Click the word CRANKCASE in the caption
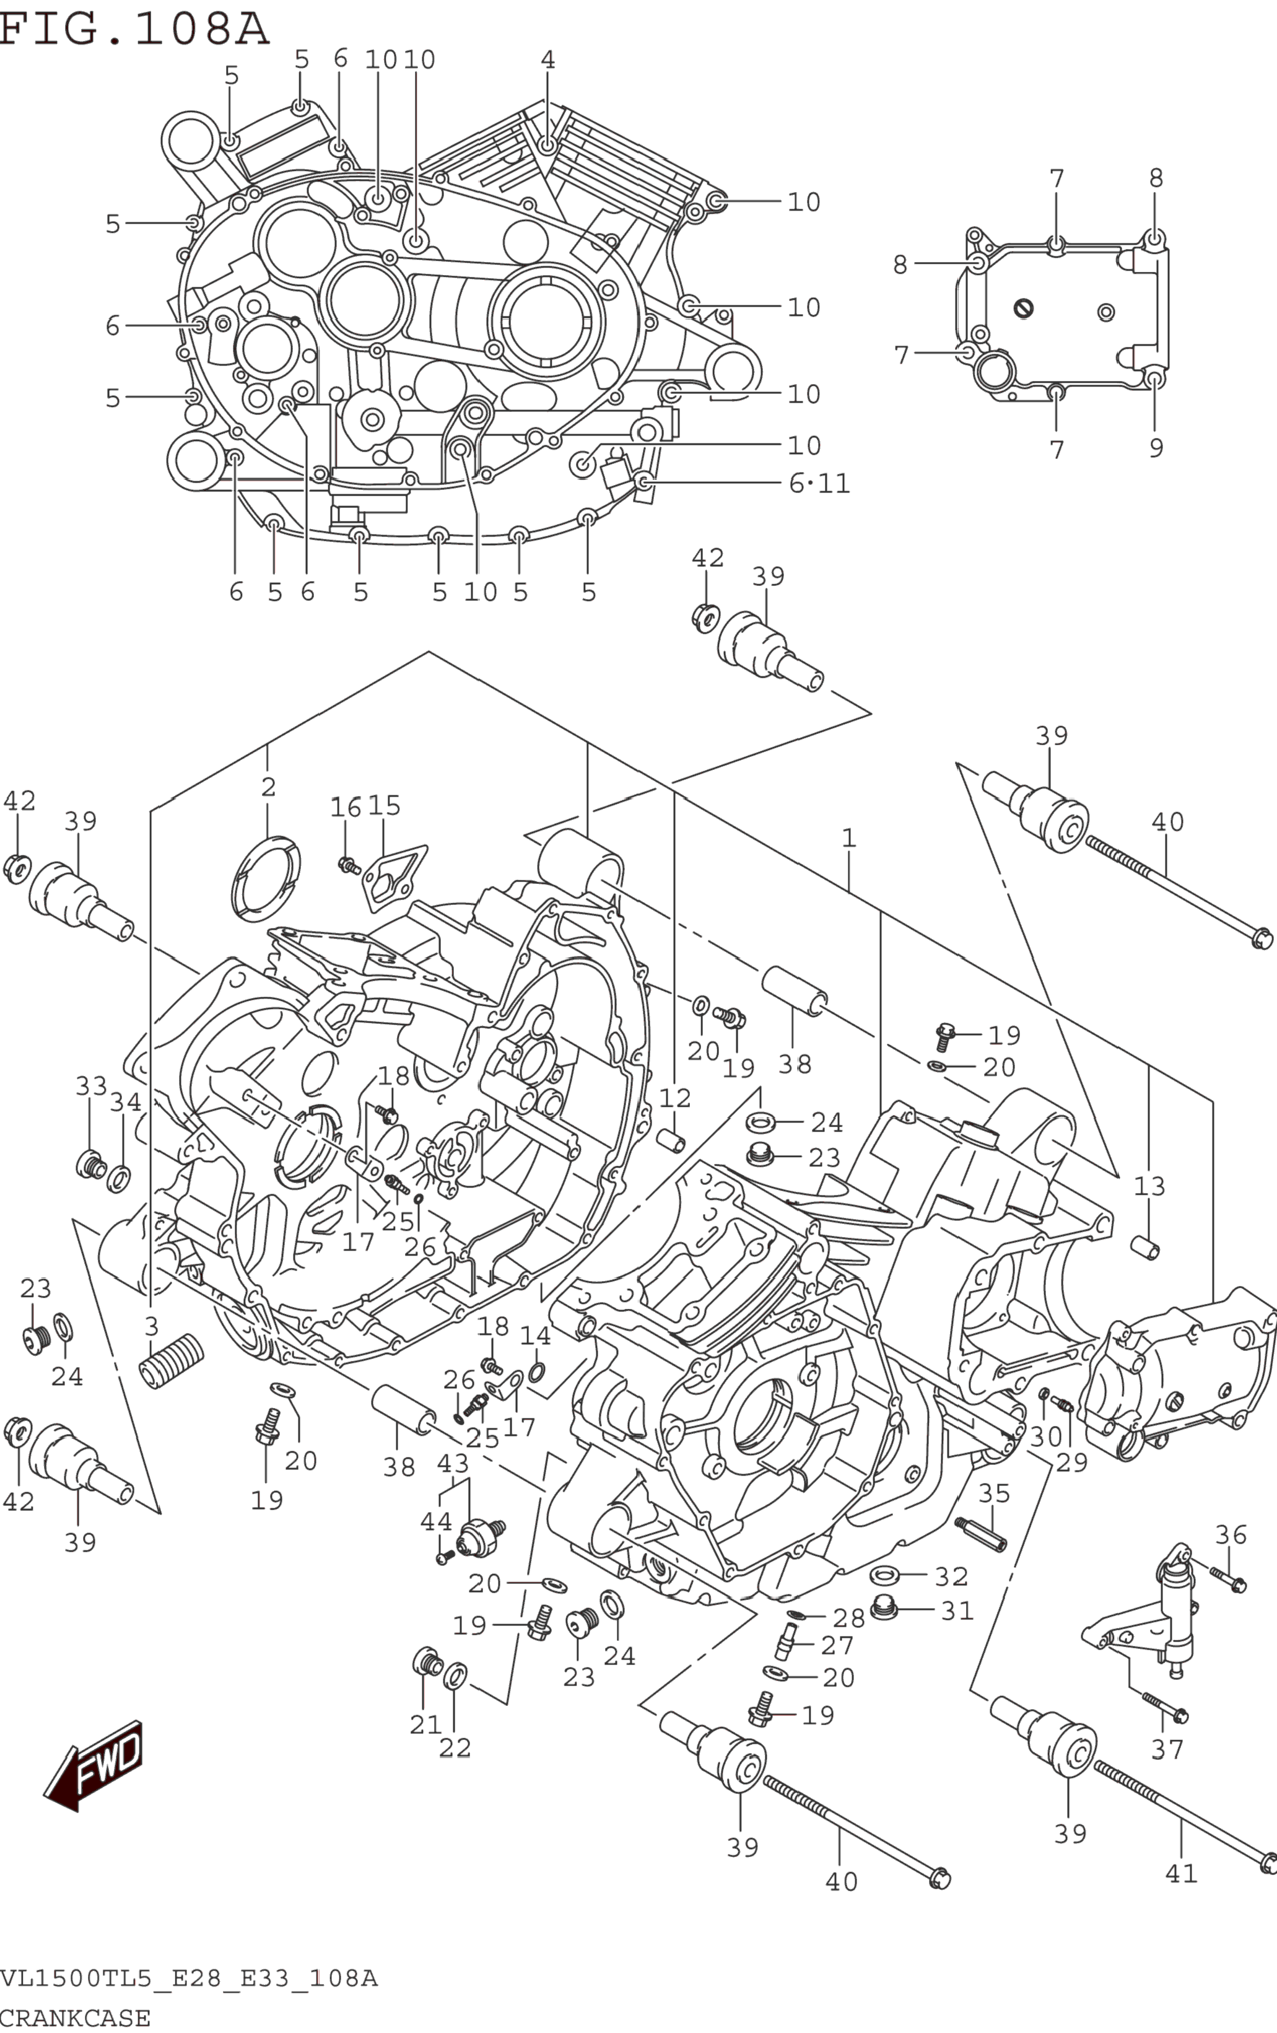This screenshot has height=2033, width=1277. (76, 2018)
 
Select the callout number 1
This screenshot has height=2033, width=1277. (848, 838)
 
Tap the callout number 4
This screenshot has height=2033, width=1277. (547, 60)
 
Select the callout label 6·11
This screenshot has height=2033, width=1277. (819, 483)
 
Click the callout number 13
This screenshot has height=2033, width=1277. (1149, 1186)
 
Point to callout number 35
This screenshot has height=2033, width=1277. (993, 1493)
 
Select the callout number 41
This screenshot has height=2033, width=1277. (1181, 1873)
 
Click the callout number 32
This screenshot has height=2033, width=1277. (951, 1576)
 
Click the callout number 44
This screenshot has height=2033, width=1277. (437, 1521)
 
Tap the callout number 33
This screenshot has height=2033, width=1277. (91, 1086)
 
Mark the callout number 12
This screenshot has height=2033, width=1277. (675, 1098)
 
